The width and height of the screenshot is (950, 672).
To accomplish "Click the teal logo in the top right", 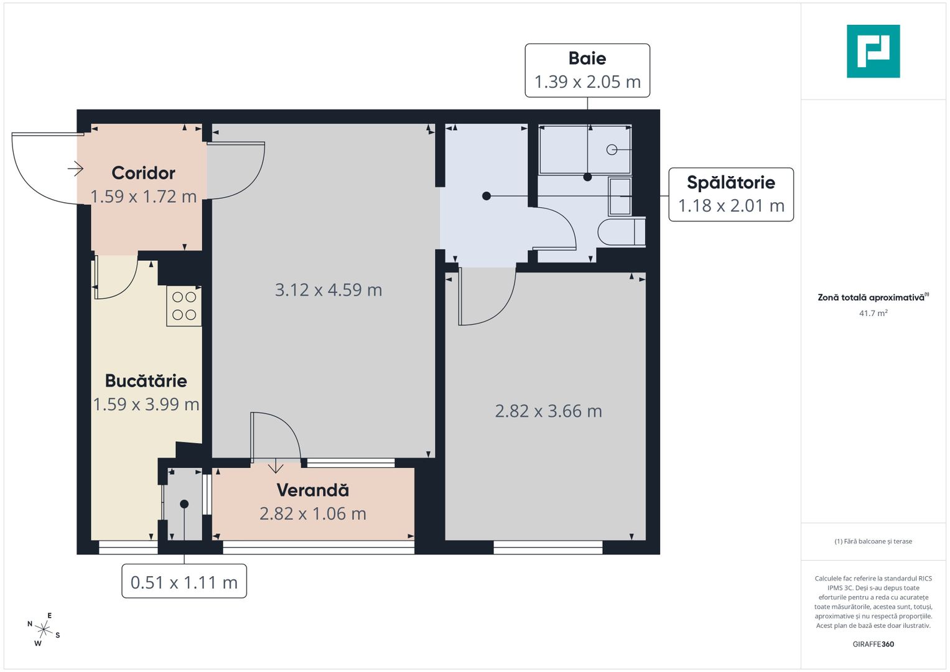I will (x=873, y=51).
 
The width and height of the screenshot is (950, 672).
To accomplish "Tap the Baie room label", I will (x=587, y=58).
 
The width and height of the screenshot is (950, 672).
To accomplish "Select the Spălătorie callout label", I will (x=730, y=182).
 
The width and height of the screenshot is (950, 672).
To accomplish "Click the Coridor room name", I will (x=143, y=173).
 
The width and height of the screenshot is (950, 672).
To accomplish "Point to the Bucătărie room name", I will (x=146, y=381).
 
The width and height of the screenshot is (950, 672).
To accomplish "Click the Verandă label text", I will (x=312, y=490).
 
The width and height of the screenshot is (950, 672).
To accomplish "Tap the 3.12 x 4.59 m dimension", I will (x=328, y=290).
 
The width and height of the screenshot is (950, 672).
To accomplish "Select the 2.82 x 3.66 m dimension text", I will (x=548, y=411).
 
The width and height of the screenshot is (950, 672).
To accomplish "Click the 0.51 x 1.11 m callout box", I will (x=184, y=582).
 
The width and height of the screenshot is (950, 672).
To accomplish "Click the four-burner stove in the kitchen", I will (x=184, y=306).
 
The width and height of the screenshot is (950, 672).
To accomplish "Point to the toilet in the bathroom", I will (x=620, y=232).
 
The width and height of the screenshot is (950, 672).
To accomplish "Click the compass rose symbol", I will (x=44, y=629).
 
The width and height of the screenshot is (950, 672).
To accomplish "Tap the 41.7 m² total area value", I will (x=873, y=313).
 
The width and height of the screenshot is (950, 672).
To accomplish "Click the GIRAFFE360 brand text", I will (x=873, y=644).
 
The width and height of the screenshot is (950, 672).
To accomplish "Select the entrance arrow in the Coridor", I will (x=75, y=168).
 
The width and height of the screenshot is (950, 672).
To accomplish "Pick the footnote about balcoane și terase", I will (x=873, y=541).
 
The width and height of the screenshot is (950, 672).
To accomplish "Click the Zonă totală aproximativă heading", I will (x=872, y=297).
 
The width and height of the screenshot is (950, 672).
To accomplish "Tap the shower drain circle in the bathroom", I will (x=612, y=150).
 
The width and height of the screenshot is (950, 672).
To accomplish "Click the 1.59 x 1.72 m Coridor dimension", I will (x=143, y=197).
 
